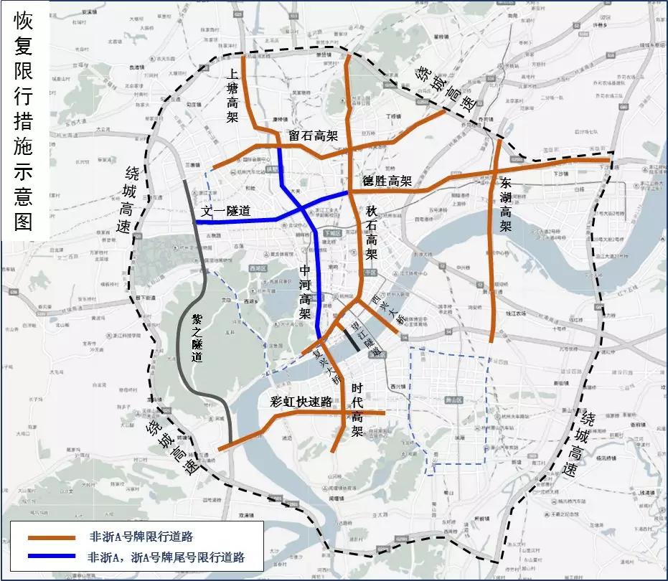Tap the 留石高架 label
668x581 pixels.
313,136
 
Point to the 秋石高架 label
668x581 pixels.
372,232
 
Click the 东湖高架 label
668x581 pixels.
506,205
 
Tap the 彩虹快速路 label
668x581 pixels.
301,402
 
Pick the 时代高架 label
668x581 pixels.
357,410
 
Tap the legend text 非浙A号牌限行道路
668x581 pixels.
141,537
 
